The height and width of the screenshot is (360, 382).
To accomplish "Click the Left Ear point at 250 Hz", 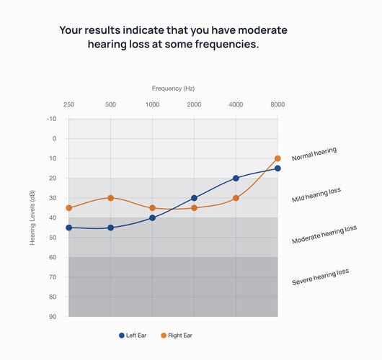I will point(68,228).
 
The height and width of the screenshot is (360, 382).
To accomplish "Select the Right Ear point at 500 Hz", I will point(110,198).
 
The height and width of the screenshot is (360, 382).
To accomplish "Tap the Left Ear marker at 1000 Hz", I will point(152,217).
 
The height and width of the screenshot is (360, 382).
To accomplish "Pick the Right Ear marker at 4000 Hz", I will point(236,198).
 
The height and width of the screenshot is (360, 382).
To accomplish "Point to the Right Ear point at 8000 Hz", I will point(277,158).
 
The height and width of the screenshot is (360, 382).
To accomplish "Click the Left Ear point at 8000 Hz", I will point(277,168).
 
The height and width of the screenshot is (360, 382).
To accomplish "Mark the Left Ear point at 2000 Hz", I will point(194,198).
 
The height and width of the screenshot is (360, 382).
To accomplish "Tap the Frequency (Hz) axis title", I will point(173,88).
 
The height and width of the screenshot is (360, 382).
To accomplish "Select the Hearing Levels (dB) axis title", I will point(32,217).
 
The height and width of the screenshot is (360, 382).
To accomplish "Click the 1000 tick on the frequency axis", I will point(152,105).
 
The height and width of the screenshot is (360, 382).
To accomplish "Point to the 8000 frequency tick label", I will point(277,105).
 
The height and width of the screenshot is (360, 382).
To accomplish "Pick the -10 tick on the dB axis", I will point(51,119).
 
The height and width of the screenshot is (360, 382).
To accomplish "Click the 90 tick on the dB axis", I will point(53,317).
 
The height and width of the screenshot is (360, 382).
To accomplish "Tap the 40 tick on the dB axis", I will point(53,217).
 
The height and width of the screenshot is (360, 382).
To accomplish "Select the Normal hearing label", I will point(314,154).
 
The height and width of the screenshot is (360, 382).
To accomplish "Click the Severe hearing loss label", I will point(320,276).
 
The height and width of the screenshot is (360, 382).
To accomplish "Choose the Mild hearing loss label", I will point(316,195).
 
